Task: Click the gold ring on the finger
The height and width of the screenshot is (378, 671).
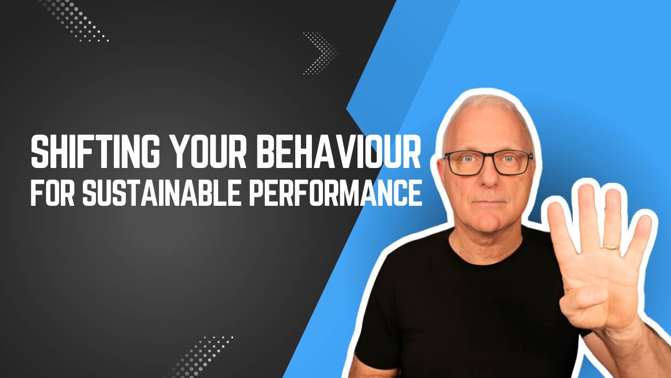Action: click(x=611, y=246)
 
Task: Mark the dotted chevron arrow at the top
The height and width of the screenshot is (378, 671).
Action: click(x=321, y=52)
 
